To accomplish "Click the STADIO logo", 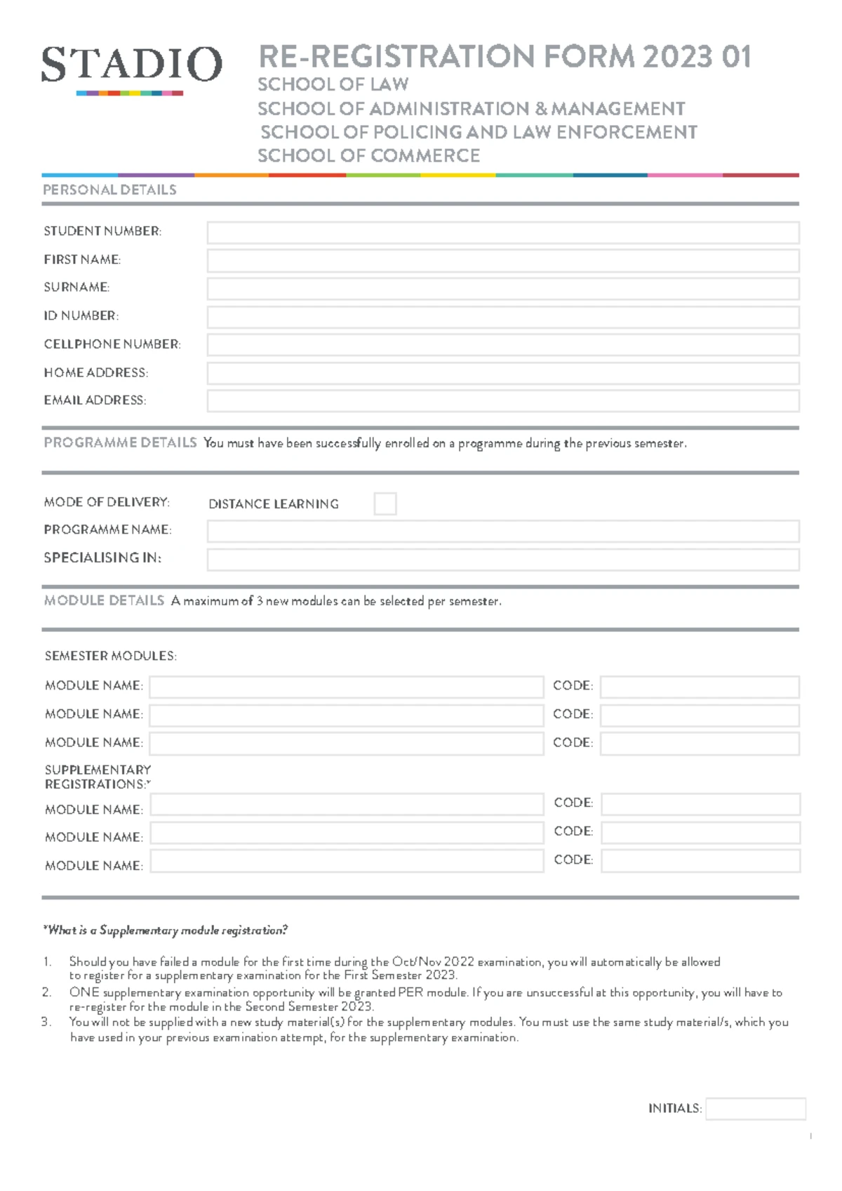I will (x=131, y=67).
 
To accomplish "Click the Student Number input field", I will (x=502, y=232).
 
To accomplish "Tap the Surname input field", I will (x=502, y=289).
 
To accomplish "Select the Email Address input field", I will (x=502, y=401).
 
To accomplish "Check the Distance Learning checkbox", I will (x=385, y=504).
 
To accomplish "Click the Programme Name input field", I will (x=502, y=531).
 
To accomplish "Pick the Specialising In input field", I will (x=502, y=560).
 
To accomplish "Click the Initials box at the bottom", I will (x=755, y=1108).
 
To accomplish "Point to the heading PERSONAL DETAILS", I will (x=109, y=190).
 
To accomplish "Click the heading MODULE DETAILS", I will (x=104, y=600).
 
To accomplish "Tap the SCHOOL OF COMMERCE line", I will (x=368, y=156).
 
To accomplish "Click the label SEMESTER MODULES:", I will (x=110, y=656).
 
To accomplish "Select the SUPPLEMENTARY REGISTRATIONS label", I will (x=98, y=777).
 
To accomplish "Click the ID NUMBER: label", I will (x=81, y=316).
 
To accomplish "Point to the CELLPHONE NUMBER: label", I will (x=112, y=344).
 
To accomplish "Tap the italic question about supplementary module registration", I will (x=166, y=930).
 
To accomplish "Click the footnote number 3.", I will (x=46, y=1022).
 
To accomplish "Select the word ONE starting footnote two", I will (x=84, y=992).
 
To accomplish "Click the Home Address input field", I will (x=502, y=373).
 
